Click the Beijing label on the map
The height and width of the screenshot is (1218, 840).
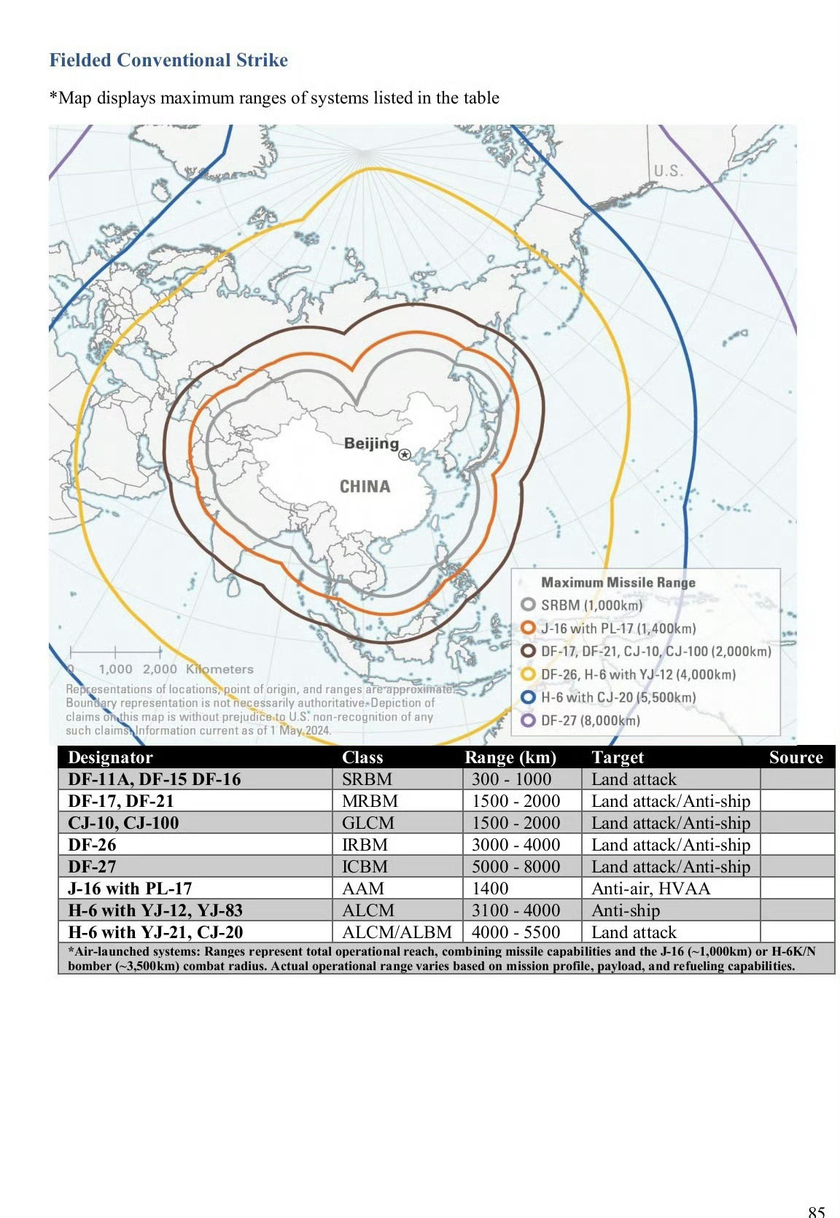coord(371,443)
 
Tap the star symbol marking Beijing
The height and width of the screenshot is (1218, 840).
coord(405,455)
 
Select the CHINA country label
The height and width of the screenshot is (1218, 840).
coord(365,486)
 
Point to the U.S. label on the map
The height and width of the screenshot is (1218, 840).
coord(668,171)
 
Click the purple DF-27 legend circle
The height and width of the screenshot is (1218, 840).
coord(529,720)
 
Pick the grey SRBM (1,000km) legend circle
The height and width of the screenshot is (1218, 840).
coord(529,604)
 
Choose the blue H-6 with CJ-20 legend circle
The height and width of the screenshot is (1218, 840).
coord(529,697)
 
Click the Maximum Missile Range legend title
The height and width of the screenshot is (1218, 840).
coord(618,582)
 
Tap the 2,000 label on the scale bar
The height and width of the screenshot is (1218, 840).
coord(160,669)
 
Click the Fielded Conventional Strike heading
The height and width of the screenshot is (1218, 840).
coord(168,60)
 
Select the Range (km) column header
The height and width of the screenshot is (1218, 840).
coord(510,757)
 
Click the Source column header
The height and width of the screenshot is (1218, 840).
coord(796,757)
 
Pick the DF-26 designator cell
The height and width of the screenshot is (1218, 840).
coord(92,845)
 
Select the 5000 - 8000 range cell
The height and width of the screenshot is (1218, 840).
coord(516,867)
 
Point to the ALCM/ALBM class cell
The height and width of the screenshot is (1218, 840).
coord(397,932)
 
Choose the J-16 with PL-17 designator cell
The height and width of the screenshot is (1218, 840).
coord(130,889)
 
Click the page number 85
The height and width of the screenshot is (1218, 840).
coord(817,1211)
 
